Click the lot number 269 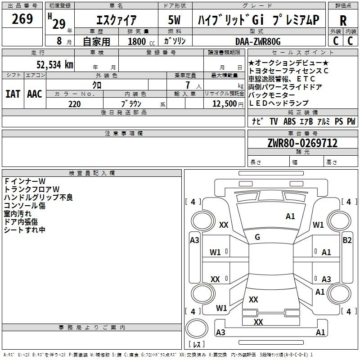click(x=22, y=19)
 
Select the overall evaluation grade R click(x=343, y=21)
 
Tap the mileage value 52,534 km click(x=55, y=65)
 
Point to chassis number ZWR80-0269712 click(x=302, y=143)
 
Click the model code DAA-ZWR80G click(x=258, y=41)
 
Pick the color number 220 click(x=74, y=104)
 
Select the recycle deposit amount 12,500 click(x=224, y=104)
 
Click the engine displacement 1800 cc click(x=141, y=41)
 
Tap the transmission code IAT click(x=13, y=94)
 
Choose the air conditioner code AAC click(x=35, y=94)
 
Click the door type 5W click(x=174, y=20)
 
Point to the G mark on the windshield click(x=257, y=237)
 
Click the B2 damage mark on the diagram click(x=347, y=240)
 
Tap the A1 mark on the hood click(x=290, y=216)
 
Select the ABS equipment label click(x=289, y=121)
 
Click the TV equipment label click(x=274, y=121)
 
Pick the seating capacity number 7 click(x=188, y=85)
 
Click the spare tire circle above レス click(x=197, y=329)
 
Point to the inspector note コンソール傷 click(x=25, y=206)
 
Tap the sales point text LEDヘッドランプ click(x=279, y=103)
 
